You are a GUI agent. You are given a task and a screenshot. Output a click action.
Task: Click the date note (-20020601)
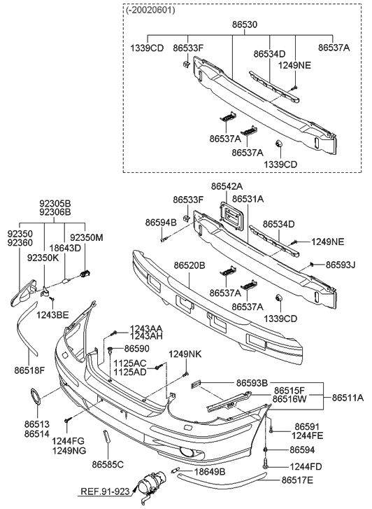point(151,11)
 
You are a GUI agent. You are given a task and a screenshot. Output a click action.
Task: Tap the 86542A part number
point(227,187)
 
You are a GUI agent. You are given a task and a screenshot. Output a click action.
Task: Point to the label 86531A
point(248,199)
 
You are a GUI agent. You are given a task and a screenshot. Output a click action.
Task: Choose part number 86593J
point(341,265)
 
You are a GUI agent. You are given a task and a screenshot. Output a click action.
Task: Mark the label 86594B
point(161,222)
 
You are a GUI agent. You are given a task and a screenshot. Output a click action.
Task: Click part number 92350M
point(89,237)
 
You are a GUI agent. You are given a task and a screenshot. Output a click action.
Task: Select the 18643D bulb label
point(66,247)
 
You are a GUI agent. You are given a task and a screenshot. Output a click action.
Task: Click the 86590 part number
point(137,348)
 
